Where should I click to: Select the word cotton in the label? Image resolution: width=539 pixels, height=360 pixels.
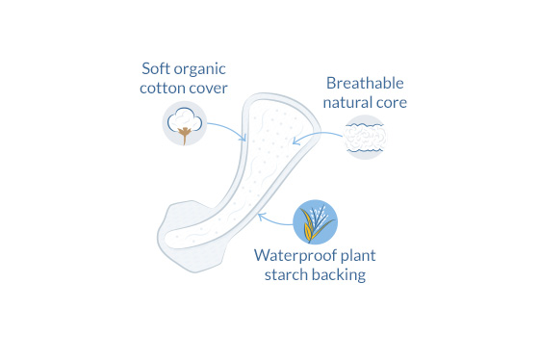point(162,89)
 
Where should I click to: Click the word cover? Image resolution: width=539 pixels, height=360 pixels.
point(207,89)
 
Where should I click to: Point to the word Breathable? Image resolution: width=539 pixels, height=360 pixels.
point(365,83)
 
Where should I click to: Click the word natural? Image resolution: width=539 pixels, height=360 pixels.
point(347,102)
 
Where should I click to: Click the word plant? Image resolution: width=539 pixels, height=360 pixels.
point(357,256)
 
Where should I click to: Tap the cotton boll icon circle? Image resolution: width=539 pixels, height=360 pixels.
point(185,123)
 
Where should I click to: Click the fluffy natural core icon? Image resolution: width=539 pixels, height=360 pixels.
point(365,138)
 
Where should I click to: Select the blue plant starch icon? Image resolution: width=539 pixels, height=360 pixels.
point(316,222)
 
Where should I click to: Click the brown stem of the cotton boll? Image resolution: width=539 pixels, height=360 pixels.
point(185,135)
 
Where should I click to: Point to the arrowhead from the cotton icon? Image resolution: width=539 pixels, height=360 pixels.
point(244,138)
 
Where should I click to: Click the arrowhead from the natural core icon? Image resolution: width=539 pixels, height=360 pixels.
point(295,141)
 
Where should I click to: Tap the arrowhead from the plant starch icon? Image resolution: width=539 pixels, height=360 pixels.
point(261,217)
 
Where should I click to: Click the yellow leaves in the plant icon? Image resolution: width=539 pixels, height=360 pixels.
point(308,226)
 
